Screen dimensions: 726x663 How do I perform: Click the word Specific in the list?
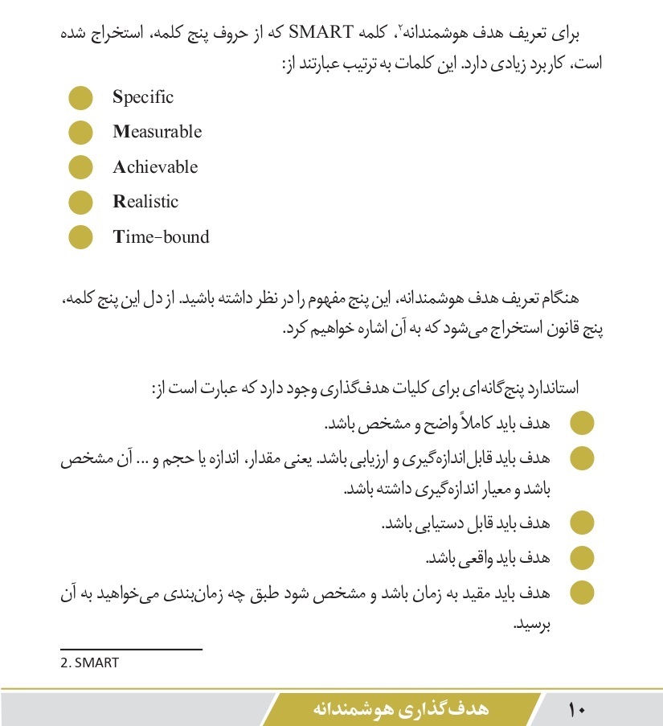(143, 98)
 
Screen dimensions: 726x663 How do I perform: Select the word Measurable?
(157, 133)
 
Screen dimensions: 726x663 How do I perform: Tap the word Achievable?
(155, 167)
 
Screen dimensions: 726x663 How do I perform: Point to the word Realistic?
(145, 202)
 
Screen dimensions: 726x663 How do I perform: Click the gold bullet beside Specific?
(80, 98)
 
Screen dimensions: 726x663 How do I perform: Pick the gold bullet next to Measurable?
(80, 133)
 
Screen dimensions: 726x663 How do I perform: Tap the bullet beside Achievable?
(80, 167)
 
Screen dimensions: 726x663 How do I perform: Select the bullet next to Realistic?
(80, 202)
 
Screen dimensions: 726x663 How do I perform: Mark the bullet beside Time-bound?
(80, 237)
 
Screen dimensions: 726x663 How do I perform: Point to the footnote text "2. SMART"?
(89, 663)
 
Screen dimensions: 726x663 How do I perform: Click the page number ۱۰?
(577, 710)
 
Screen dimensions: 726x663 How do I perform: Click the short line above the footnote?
(131, 648)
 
